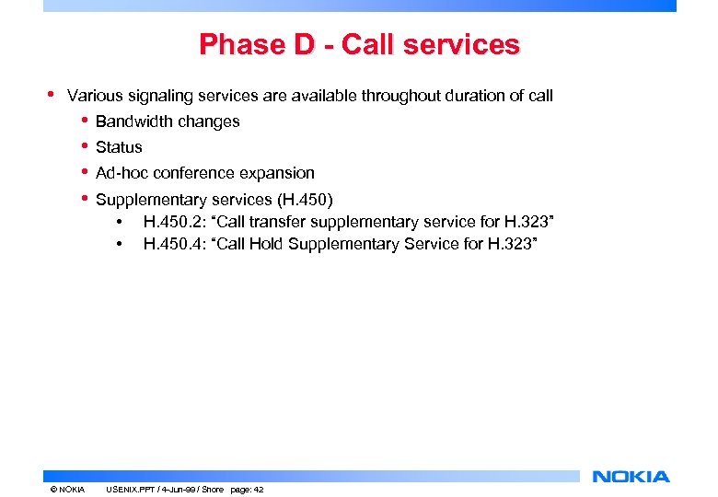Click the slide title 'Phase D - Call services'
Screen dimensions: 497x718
pos(359,44)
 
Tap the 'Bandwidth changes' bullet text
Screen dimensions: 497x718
pos(168,121)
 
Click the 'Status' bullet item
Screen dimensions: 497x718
pos(119,147)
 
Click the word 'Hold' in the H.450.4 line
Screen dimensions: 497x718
pos(293,244)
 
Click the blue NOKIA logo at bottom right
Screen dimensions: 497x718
pos(631,477)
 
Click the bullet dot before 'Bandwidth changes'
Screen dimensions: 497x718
pos(85,121)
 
